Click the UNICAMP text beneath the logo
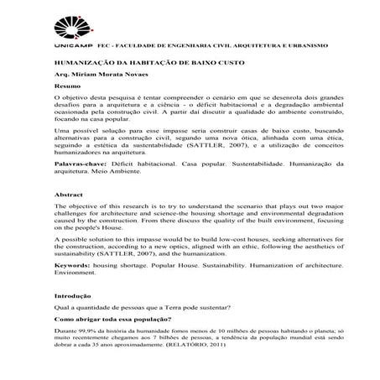pyautogui.click(x=71, y=44)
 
